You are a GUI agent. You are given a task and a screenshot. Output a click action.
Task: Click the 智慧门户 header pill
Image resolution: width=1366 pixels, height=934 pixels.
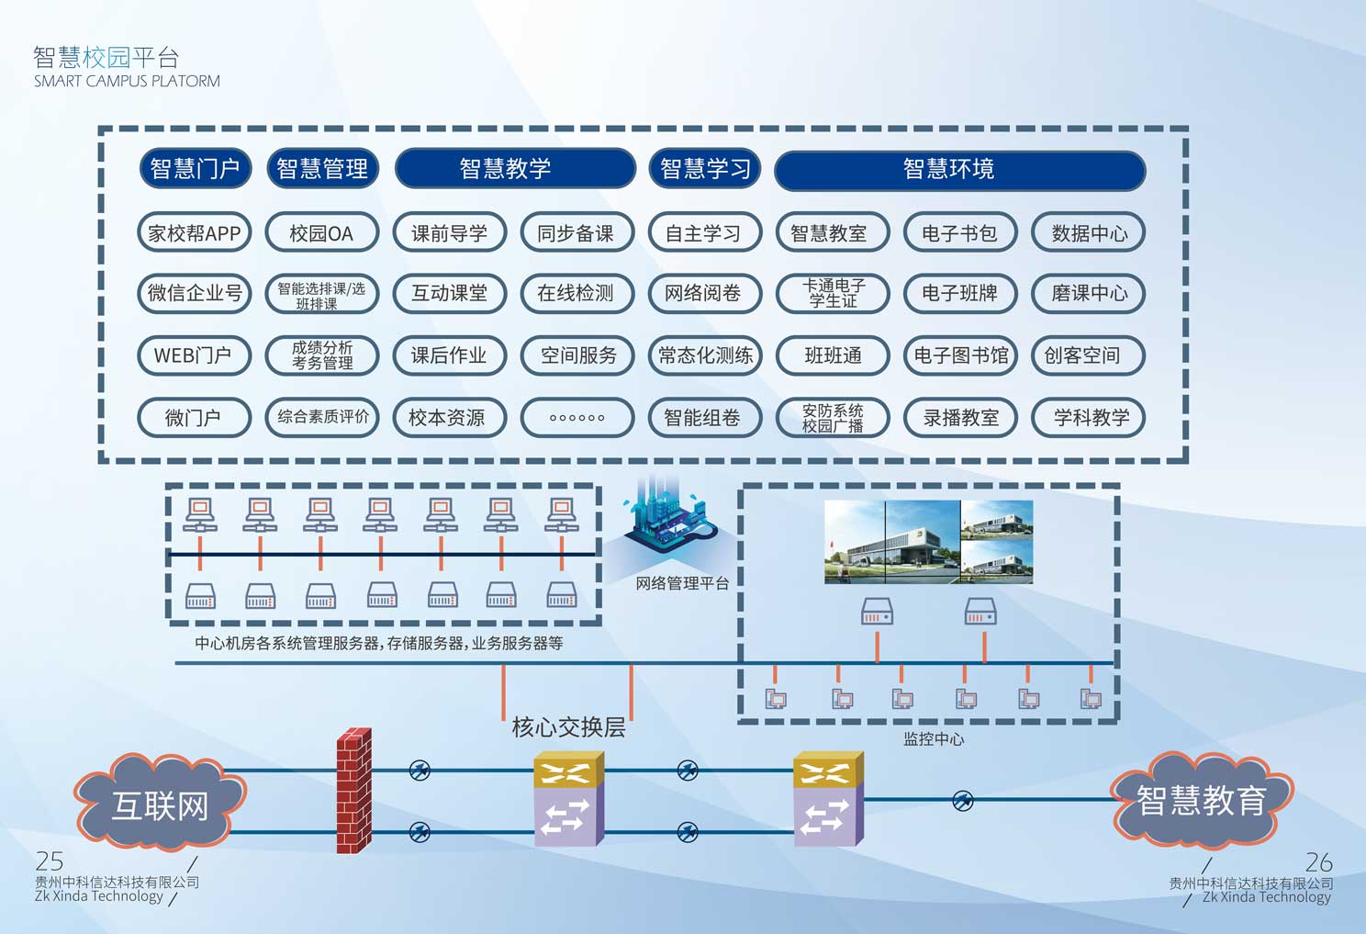[195, 169]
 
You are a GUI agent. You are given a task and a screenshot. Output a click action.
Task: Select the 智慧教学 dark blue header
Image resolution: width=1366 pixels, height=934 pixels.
[514, 169]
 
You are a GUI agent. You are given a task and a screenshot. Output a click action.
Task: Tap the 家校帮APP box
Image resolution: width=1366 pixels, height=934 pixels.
[194, 233]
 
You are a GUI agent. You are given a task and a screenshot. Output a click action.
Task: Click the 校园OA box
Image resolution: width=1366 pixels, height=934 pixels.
[321, 233]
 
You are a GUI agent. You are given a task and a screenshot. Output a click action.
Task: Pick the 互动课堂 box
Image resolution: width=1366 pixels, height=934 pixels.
[449, 294]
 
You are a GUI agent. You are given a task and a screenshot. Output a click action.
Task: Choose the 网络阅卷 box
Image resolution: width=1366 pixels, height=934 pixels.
[704, 294]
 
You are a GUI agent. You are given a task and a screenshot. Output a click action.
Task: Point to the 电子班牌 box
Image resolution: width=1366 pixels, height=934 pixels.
[959, 294]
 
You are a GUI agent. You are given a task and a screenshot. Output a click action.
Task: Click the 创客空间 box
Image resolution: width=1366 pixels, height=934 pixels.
[1088, 355]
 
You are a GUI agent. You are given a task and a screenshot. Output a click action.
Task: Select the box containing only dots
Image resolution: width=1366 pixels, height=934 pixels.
[577, 418]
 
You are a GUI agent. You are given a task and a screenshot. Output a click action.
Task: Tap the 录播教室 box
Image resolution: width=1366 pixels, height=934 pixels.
[960, 418]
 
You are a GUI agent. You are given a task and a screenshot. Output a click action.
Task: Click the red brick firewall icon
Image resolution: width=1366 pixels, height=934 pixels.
[353, 791]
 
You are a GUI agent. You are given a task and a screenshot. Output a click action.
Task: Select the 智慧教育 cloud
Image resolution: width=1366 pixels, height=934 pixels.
[1201, 800]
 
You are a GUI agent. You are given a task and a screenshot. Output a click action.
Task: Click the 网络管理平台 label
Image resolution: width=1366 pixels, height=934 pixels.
[681, 583]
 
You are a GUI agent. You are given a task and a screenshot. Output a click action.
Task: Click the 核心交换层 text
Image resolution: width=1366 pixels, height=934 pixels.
[569, 727]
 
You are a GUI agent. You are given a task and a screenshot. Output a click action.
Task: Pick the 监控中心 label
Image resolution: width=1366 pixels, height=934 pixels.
[933, 738]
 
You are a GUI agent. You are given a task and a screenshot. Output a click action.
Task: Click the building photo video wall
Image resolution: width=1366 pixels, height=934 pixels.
[928, 542]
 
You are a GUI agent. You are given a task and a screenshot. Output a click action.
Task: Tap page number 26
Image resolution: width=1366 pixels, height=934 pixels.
[1318, 862]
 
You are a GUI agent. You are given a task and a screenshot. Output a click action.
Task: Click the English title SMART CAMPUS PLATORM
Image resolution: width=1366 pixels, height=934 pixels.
[127, 81]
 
